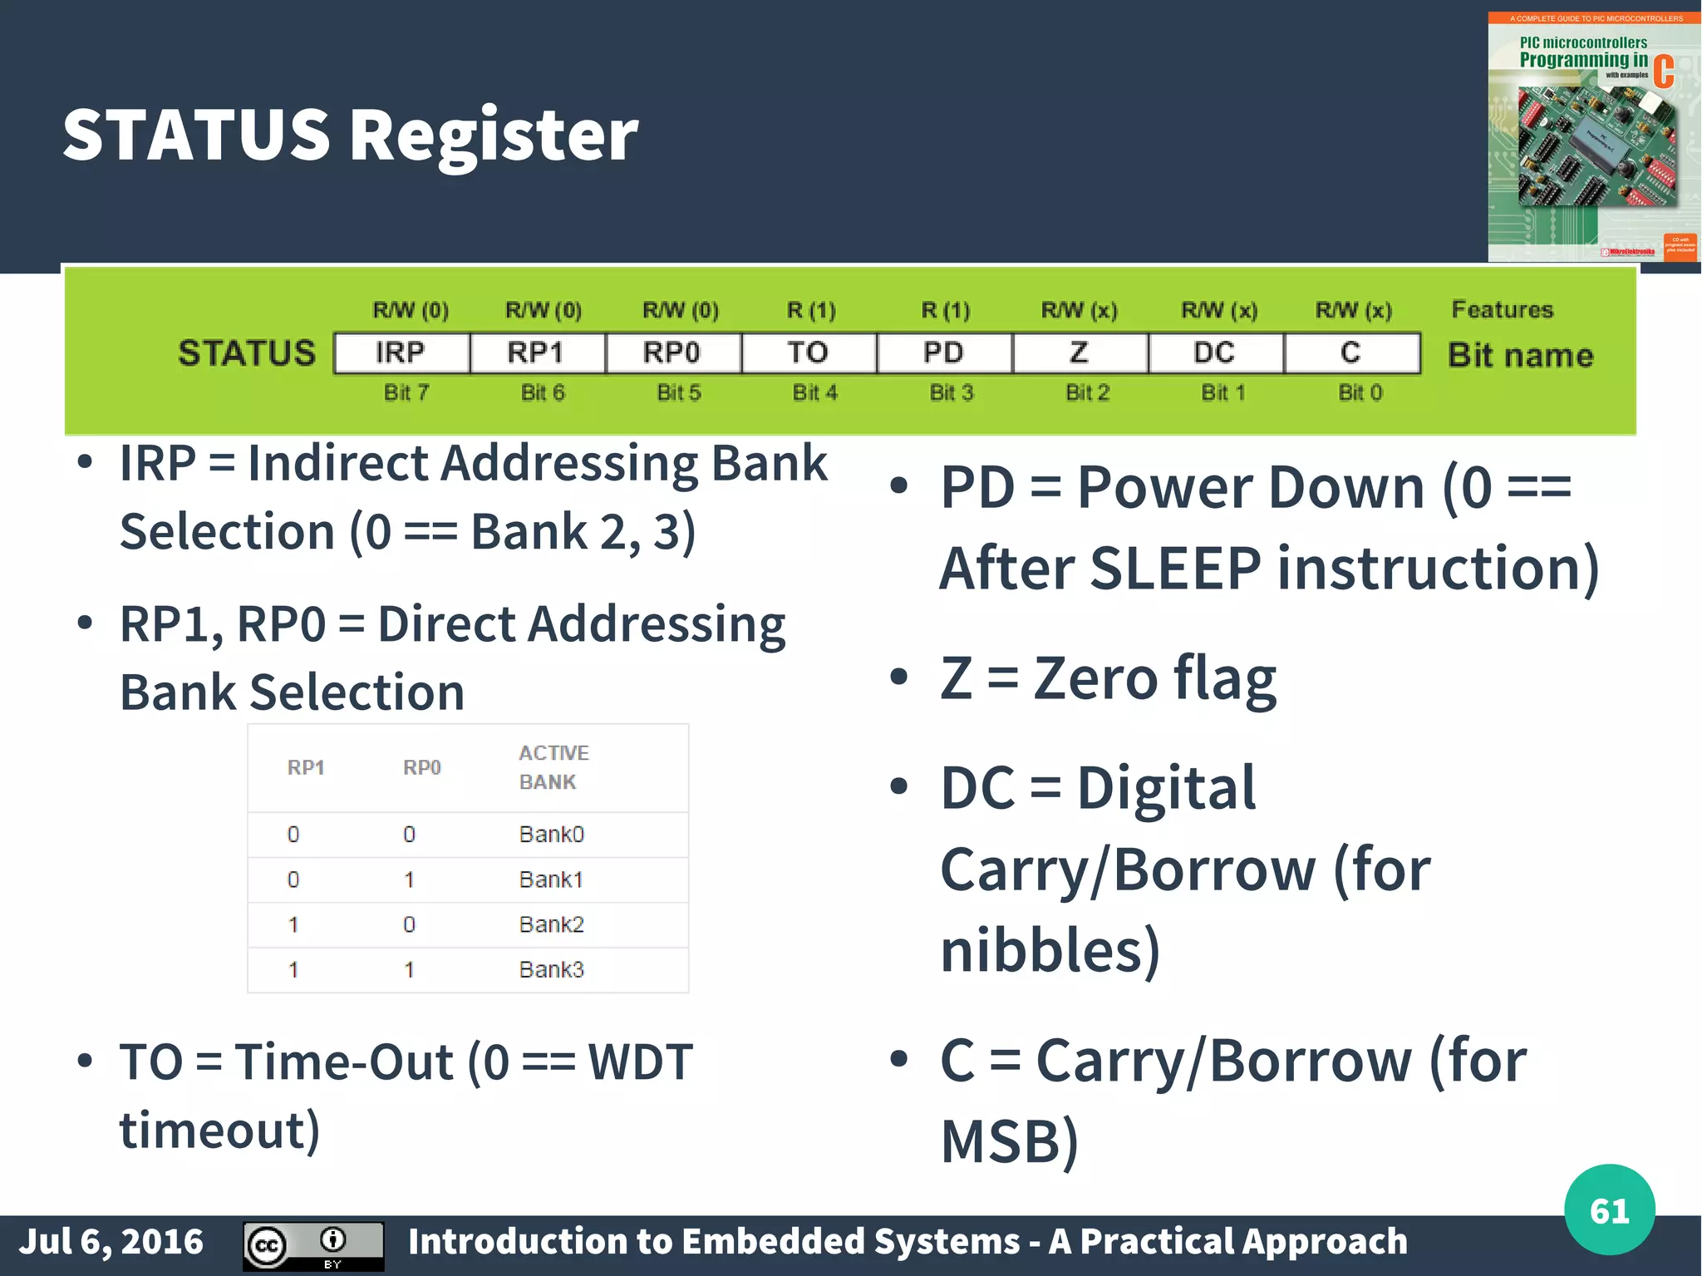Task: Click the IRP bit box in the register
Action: pos(401,353)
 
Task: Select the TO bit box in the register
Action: pos(808,353)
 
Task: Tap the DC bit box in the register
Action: pos(1215,353)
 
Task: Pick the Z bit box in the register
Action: pos(1080,353)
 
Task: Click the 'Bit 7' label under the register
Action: pos(406,392)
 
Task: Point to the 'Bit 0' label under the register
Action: pos(1360,392)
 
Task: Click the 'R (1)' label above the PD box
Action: pos(945,310)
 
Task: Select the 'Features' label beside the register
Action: pos(1502,309)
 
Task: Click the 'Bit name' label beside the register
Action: pos(1520,355)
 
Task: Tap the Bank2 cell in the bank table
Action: pos(551,924)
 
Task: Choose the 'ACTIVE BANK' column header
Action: pos(553,766)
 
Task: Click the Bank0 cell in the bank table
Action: pos(551,834)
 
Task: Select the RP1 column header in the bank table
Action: pos(306,767)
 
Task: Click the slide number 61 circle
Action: pos(1609,1209)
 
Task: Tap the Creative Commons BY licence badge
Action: pos(313,1245)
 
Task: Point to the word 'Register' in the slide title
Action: pos(494,135)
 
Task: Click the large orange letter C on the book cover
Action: pos(1663,71)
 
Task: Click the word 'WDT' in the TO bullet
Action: pos(640,1062)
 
